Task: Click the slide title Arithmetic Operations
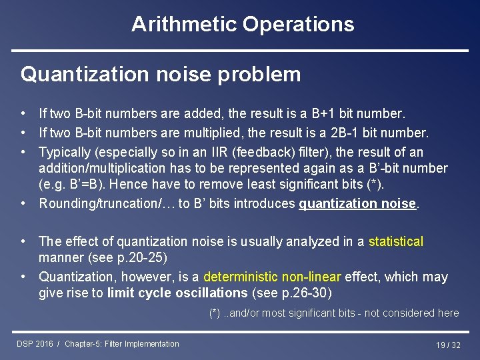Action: pyautogui.click(x=243, y=25)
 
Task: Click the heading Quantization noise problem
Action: pyautogui.click(x=161, y=74)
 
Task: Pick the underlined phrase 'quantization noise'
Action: pyautogui.click(x=357, y=204)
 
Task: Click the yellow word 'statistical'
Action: pyautogui.click(x=396, y=241)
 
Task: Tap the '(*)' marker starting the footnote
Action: pyautogui.click(x=215, y=313)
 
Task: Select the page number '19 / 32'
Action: pyautogui.click(x=448, y=345)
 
